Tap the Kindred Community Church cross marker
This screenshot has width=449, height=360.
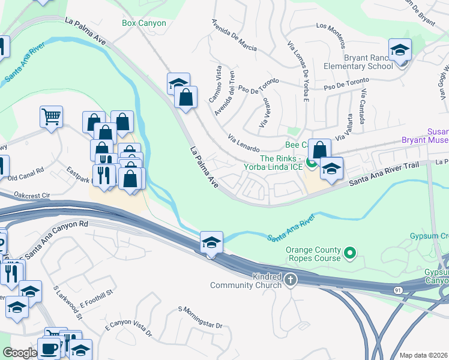click(291, 279)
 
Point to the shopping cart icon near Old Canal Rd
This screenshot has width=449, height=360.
click(52, 117)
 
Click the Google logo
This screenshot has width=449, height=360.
click(19, 353)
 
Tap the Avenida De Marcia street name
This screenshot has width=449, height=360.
click(234, 35)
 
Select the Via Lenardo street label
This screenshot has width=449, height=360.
click(244, 143)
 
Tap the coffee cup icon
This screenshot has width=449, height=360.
click(49, 349)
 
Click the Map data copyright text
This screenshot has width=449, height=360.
click(423, 355)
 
